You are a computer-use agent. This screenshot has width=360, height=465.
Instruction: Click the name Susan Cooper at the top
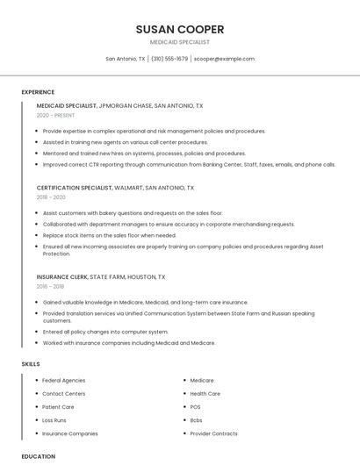[x=180, y=29]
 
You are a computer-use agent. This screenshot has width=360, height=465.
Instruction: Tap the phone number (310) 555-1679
[x=169, y=59]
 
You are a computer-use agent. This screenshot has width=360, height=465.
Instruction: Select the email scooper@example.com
[x=224, y=59]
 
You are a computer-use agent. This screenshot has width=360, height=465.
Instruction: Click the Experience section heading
[x=38, y=92]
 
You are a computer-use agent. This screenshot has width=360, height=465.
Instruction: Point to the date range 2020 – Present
[x=55, y=115]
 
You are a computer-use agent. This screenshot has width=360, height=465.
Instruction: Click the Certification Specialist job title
[x=75, y=188]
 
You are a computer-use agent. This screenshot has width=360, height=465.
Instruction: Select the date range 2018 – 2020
[x=51, y=197]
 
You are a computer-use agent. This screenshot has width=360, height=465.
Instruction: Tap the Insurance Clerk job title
[x=61, y=276]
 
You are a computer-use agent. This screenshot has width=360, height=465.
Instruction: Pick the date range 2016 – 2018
[x=50, y=286]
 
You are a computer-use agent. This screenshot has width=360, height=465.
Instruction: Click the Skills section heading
[x=31, y=363]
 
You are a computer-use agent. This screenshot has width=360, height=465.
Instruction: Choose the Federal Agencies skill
[x=64, y=381]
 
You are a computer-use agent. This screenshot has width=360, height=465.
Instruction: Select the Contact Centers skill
[x=64, y=394]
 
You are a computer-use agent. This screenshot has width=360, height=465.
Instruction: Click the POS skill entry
[x=195, y=407]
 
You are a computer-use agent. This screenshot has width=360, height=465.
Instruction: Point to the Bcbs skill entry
[x=196, y=420]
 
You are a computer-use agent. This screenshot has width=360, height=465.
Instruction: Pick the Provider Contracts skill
[x=213, y=433]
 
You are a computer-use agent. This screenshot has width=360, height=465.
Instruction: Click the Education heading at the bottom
[x=39, y=456]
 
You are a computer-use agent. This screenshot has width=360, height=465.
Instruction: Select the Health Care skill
[x=205, y=394]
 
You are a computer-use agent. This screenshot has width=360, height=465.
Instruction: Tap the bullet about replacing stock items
[x=110, y=235]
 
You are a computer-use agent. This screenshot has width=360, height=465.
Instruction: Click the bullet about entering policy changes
[x=105, y=332]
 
